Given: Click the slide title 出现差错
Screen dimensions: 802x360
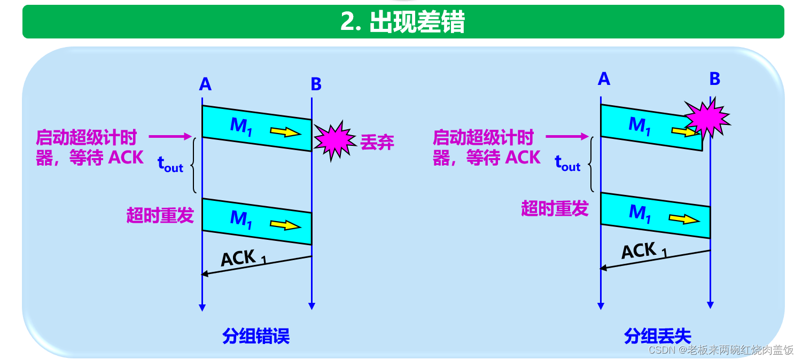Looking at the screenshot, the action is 402,22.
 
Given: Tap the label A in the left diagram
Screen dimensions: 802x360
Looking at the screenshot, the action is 205,84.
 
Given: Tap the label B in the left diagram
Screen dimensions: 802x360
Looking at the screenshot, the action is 316,84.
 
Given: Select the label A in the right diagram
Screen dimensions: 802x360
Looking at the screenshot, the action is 604,79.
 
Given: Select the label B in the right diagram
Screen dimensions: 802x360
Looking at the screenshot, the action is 714,79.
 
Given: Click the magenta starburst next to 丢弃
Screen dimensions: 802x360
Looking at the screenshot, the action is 335,141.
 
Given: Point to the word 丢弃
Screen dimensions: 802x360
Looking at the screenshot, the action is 377,143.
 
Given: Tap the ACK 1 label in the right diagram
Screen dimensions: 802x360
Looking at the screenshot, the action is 643,251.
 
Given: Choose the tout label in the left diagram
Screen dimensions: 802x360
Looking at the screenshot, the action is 170,164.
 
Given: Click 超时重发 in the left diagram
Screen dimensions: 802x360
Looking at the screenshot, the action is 160,216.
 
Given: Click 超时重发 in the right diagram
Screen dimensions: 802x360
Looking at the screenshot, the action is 555,208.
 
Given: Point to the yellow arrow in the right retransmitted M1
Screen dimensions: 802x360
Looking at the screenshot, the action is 684,218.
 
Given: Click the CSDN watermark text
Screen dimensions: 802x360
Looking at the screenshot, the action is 721,350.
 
